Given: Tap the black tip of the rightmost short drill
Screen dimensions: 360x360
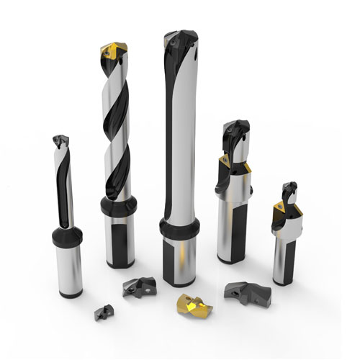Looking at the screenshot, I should click(289, 192).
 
